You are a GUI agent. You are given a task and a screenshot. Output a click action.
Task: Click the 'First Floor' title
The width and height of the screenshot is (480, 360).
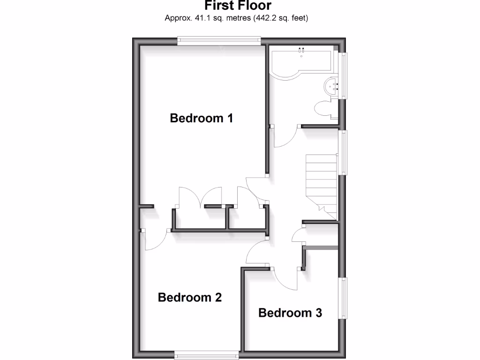[x=238, y=6]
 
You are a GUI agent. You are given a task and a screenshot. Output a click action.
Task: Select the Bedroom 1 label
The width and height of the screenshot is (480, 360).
[x=202, y=118]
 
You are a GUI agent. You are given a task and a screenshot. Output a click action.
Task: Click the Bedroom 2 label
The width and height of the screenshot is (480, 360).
[x=190, y=297]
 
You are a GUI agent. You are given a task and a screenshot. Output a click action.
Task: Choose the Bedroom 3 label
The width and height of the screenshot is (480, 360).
[x=290, y=313]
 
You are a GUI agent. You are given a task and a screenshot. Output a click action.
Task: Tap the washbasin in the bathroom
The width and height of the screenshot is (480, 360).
[x=332, y=86]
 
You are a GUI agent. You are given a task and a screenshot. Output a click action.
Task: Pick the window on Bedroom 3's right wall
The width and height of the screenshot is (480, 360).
[x=343, y=299]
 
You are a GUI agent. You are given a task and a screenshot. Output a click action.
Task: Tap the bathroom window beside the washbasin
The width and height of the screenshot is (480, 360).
[x=344, y=75]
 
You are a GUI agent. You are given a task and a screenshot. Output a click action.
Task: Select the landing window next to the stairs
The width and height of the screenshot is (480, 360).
[x=344, y=152]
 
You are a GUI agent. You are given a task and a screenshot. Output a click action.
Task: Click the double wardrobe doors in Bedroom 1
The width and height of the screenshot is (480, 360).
[x=200, y=197]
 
